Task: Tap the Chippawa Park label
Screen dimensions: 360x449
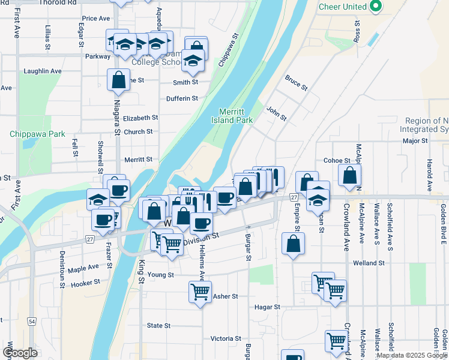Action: [x=37, y=134]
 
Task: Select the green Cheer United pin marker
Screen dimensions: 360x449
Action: [x=376, y=7]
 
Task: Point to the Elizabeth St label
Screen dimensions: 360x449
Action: [x=140, y=118]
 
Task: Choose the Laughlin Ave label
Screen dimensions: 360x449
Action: [x=43, y=71]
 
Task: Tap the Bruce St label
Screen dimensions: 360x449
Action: [x=296, y=83]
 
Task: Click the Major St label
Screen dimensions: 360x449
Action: [x=415, y=141]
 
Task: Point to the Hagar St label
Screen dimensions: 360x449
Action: [x=268, y=307]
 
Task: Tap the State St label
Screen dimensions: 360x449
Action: [x=158, y=325]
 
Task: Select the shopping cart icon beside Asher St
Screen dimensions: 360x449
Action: [x=200, y=292]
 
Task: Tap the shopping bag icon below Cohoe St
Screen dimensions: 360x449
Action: [x=349, y=176]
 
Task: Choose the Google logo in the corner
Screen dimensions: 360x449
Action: [x=20, y=353]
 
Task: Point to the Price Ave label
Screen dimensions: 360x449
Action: [x=96, y=19]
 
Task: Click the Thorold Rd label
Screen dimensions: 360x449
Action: [x=63, y=2]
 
